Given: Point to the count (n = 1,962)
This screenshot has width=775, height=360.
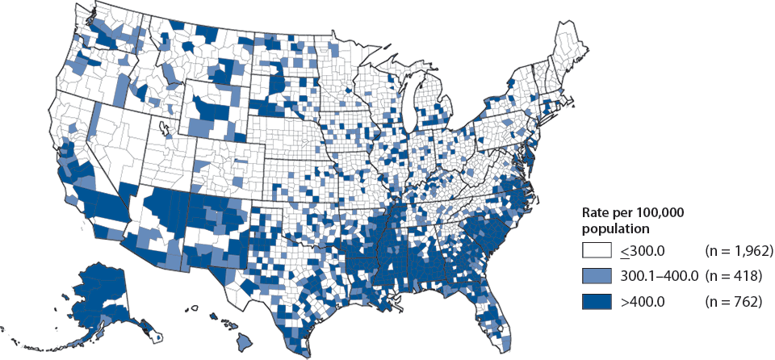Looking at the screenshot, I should pos(739,252).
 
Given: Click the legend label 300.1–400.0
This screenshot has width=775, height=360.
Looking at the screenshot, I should pos(658,277).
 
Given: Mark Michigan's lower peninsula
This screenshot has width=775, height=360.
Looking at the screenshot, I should pos(432,113).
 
